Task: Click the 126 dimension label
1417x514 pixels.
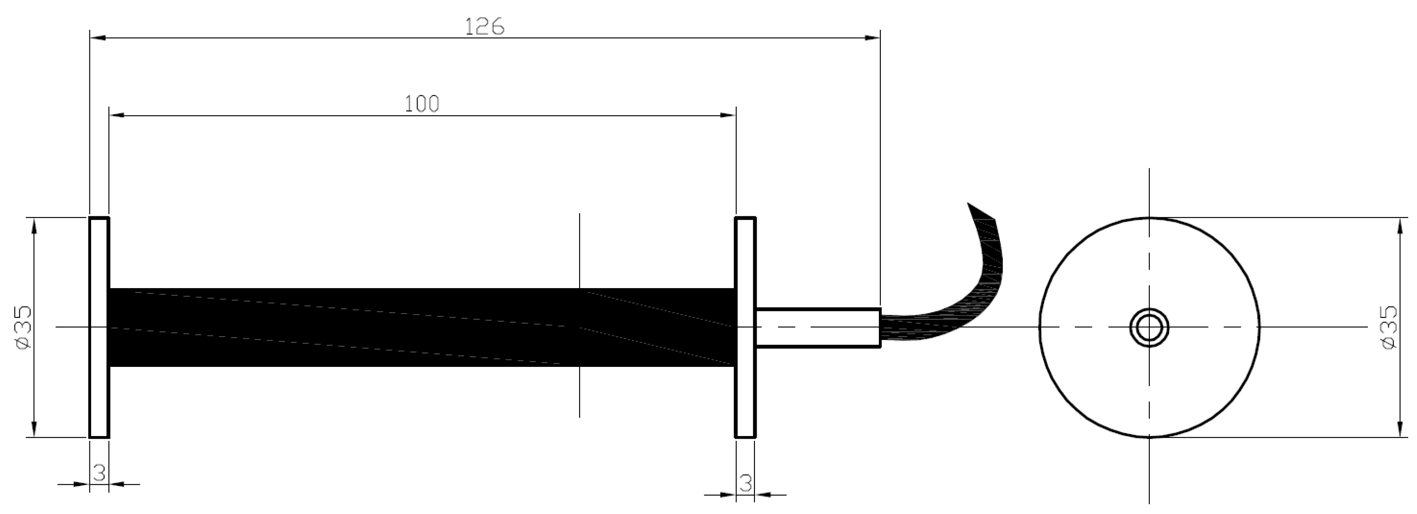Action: [x=484, y=26]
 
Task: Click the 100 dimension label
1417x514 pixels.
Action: [x=422, y=104]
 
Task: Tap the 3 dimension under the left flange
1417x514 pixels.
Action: [x=99, y=472]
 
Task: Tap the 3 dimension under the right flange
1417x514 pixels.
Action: [x=745, y=483]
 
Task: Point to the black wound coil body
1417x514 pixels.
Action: [x=385, y=327]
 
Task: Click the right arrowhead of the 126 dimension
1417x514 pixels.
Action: [x=872, y=38]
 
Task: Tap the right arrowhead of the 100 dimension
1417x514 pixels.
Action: [x=728, y=116]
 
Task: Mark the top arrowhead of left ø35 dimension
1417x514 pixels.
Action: [x=34, y=225]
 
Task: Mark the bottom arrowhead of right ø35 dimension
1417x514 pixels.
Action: [x=1400, y=430]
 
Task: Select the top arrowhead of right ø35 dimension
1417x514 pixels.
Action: [x=1400, y=225]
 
